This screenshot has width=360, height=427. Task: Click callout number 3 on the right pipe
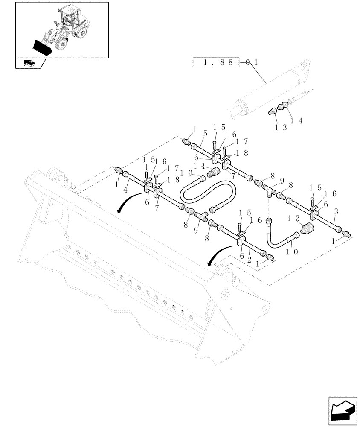click(337, 211)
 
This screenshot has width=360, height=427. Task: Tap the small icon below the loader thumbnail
click(29, 63)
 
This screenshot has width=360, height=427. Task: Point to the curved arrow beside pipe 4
click(128, 202)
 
